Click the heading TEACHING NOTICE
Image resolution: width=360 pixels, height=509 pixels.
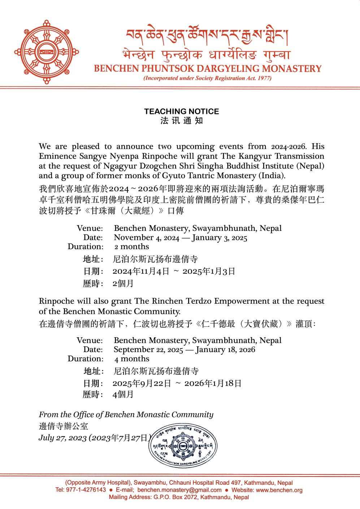pyautogui.click(x=182, y=111)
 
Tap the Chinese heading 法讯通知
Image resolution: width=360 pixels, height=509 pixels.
pyautogui.click(x=182, y=121)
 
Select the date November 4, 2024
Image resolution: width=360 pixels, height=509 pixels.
pyautogui.click(x=146, y=238)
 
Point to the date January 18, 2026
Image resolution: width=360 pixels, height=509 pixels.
pyautogui.click(x=225, y=350)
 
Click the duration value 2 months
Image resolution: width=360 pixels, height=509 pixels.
pyautogui.click(x=131, y=247)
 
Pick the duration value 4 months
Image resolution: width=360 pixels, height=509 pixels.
pyautogui.click(x=131, y=359)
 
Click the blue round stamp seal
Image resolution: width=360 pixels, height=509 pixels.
pyautogui.click(x=183, y=446)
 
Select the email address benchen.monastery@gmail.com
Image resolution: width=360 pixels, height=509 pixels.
pyautogui.click(x=179, y=490)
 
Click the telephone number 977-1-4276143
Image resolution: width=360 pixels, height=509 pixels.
pyautogui.click(x=86, y=490)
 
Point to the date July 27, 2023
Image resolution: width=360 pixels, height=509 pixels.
pyautogui.click(x=62, y=438)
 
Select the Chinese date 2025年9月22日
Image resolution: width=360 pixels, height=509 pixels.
pyautogui.click(x=142, y=383)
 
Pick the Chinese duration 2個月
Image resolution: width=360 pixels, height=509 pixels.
pyautogui.click(x=123, y=284)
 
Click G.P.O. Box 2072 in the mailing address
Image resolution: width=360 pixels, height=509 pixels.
pyautogui.click(x=175, y=497)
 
